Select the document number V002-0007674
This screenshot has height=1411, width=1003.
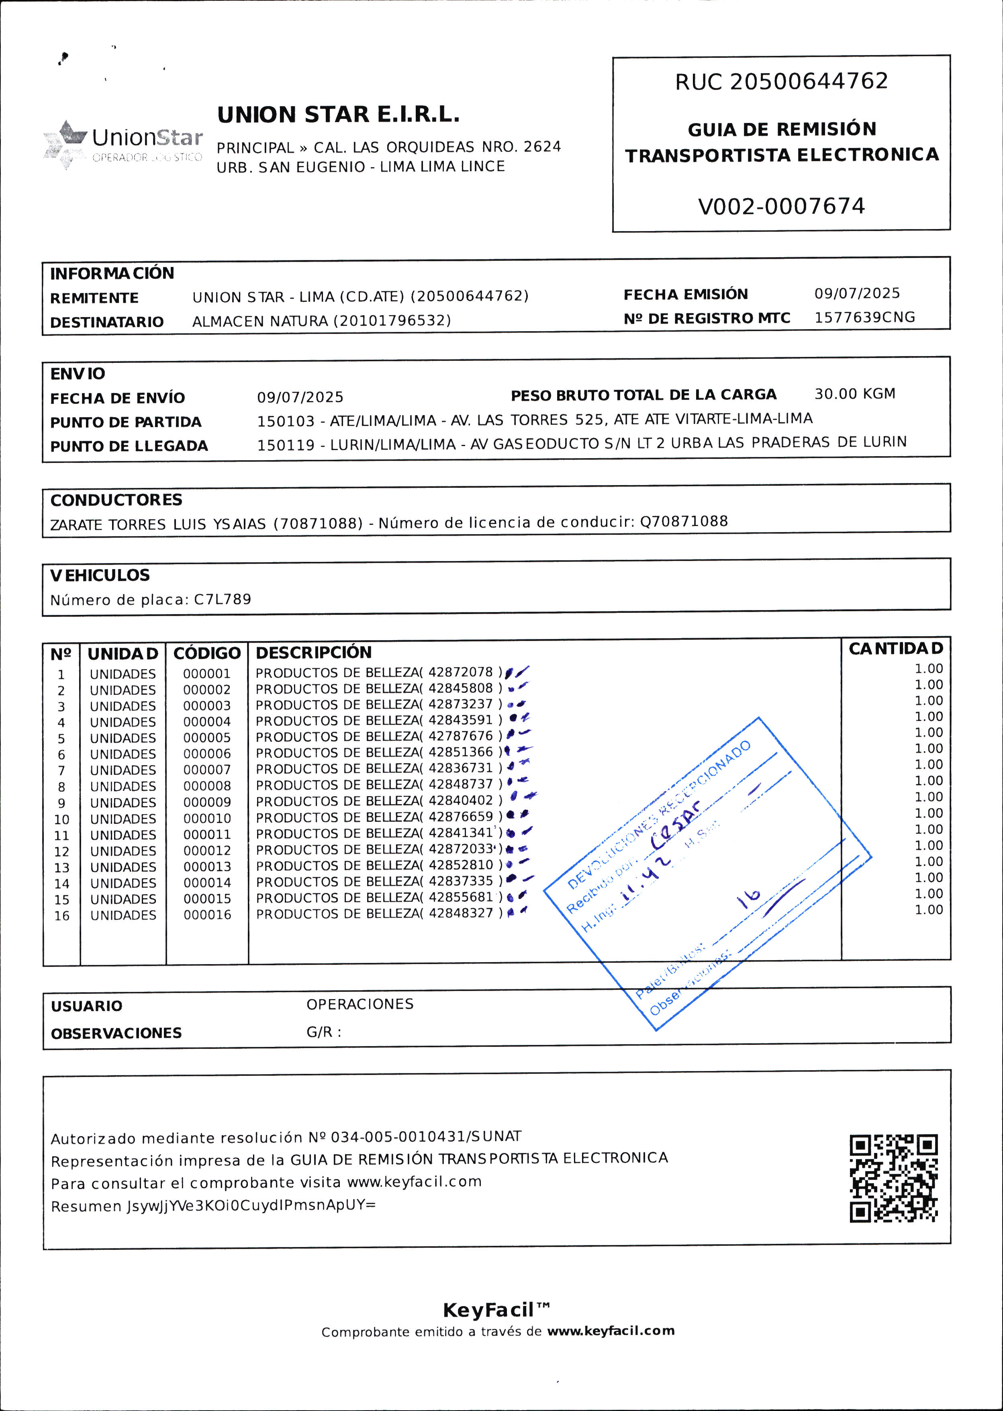coord(781,206)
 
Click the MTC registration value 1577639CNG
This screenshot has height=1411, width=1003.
coord(864,317)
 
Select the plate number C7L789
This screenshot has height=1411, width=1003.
coord(223,599)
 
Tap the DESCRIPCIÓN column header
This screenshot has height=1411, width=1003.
coord(314,652)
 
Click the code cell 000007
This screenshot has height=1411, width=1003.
coord(207,770)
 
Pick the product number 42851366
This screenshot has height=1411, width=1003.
coord(461,752)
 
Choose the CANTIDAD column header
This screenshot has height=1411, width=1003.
coord(895,649)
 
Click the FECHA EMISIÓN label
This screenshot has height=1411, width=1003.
coord(686,295)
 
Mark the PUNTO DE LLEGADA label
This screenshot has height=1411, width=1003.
coord(129,446)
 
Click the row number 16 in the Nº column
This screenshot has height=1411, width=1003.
coord(62,915)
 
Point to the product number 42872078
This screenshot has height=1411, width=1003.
coord(461,672)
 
